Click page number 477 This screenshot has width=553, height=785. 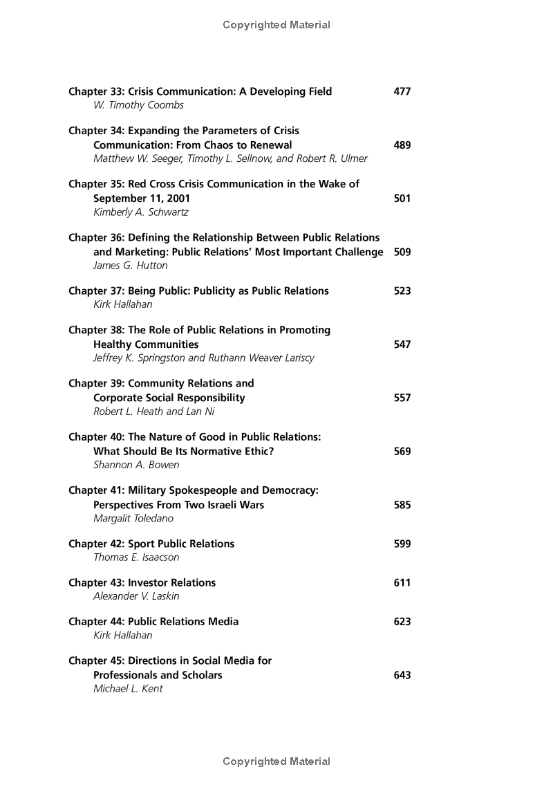tap(402, 91)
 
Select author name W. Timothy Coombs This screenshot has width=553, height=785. tap(138, 105)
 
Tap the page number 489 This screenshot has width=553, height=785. tap(402, 145)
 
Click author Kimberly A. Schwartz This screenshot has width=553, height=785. tap(140, 212)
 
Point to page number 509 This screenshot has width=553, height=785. tap(402, 252)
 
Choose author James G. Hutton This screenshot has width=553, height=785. tap(130, 266)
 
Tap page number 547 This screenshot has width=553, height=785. tap(402, 344)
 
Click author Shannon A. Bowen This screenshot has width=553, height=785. tap(136, 465)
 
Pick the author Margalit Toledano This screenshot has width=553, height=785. tap(133, 518)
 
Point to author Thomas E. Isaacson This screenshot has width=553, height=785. tap(136, 557)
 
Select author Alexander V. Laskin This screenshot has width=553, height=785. tap(136, 596)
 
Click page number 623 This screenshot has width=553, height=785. tap(402, 622)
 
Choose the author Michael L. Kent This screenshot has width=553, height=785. tap(128, 689)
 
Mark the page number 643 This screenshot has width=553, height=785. tap(402, 675)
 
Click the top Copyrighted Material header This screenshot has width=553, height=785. tap(276, 25)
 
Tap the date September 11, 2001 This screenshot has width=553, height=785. tap(142, 198)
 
